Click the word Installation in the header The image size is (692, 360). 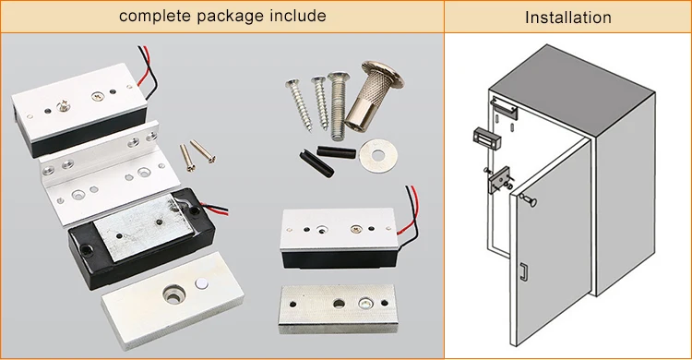click(568, 18)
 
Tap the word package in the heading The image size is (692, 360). click(230, 17)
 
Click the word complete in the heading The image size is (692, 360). click(155, 16)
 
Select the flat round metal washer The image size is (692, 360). click(376, 155)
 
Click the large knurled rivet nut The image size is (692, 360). click(375, 96)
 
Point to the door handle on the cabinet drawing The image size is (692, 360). click(523, 271)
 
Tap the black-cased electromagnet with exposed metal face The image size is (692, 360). click(141, 238)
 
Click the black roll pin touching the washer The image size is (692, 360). click(336, 152)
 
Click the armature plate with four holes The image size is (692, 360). click(338, 308)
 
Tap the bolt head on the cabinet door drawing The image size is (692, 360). click(529, 200)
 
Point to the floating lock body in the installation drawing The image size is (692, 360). click(487, 139)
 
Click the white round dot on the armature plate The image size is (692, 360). click(202, 284)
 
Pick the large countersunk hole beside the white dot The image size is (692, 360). click(173, 294)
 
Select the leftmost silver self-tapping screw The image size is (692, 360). click(299, 104)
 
